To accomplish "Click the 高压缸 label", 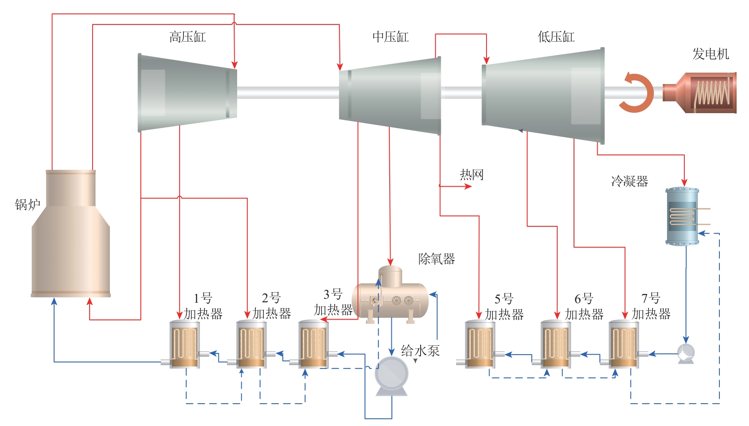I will click(x=187, y=37).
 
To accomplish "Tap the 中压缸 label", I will click(x=390, y=37).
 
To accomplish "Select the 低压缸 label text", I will click(x=556, y=37).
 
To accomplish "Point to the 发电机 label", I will click(x=711, y=54).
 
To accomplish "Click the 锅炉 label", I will click(x=27, y=205).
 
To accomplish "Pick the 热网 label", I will click(x=472, y=174).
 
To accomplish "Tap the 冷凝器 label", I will click(x=629, y=182).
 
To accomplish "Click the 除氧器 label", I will click(x=437, y=259).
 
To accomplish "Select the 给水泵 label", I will click(x=420, y=351).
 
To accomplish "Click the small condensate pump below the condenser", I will click(x=686, y=353).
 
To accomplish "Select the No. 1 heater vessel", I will click(x=184, y=345).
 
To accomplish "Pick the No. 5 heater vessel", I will click(x=480, y=345).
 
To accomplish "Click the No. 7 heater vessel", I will click(x=623, y=345).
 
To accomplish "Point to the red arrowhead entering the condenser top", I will click(x=684, y=182).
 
